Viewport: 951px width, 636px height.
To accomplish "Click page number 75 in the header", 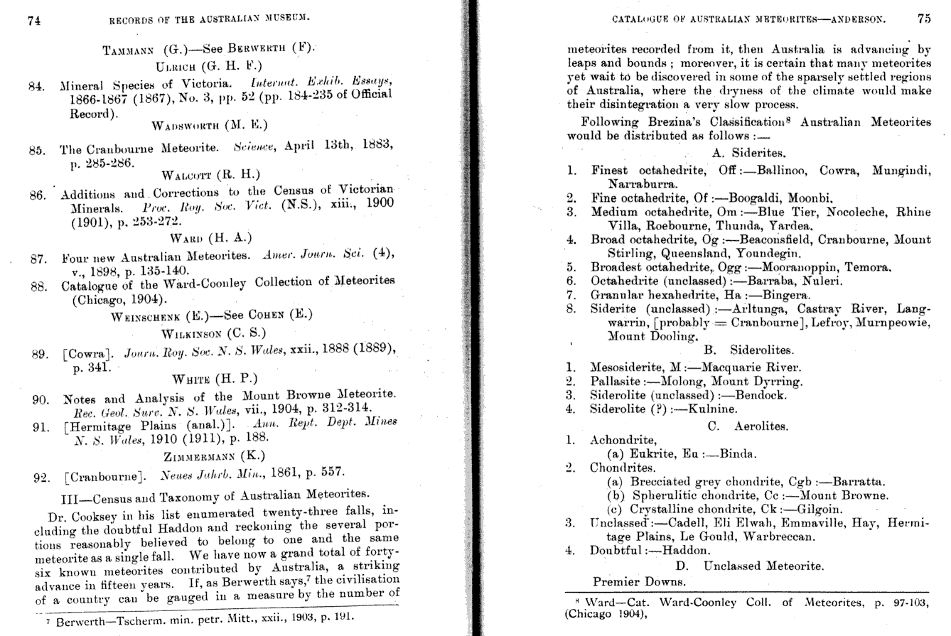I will point(923,19).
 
